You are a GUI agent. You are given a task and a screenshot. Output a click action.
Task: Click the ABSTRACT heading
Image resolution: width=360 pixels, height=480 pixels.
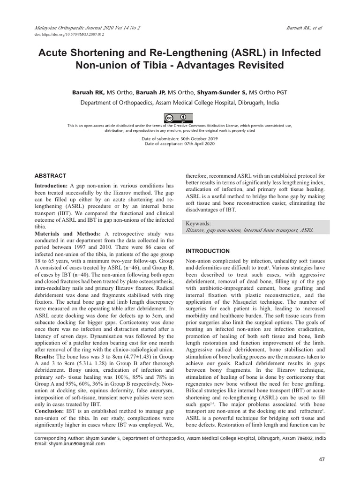[x=51, y=176]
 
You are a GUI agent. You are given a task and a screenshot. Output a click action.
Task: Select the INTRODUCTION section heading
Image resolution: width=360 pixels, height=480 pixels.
[x=208, y=251]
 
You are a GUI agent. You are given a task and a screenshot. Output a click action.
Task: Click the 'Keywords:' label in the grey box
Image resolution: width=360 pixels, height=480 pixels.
[x=199, y=224]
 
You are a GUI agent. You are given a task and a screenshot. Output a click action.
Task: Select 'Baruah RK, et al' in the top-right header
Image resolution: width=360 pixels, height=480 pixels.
[x=304, y=28]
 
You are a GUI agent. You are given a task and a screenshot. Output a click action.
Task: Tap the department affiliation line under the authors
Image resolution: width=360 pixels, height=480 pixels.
[x=180, y=103]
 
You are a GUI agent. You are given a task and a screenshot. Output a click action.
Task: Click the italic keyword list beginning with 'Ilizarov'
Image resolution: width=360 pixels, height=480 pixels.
[x=250, y=230]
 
